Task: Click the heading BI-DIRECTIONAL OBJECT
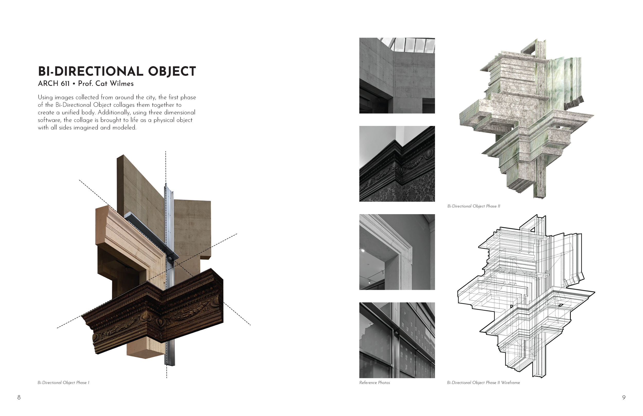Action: [x=117, y=71]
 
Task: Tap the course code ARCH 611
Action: [x=53, y=84]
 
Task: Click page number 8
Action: [x=19, y=397]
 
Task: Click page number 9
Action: [x=624, y=397]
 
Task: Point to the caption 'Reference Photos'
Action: [x=374, y=383]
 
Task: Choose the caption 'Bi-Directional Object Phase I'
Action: [x=63, y=383]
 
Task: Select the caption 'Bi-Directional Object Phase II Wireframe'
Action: [x=483, y=383]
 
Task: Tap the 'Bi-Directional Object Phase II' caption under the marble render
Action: [x=474, y=206]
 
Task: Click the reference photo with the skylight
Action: [x=397, y=76]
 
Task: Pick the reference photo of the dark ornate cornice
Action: [x=397, y=164]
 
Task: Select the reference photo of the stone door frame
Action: [x=397, y=252]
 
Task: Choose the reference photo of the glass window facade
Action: [x=397, y=340]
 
